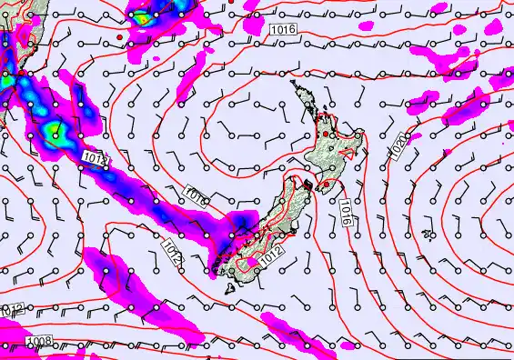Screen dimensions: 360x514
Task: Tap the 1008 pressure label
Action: click(x=39, y=341)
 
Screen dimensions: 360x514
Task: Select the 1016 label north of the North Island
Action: click(x=283, y=31)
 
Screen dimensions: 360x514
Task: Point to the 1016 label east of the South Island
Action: click(x=347, y=211)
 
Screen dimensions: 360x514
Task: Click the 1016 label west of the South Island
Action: click(x=197, y=195)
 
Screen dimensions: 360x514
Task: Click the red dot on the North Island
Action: click(x=331, y=135)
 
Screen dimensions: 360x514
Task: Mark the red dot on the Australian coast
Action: click(x=20, y=72)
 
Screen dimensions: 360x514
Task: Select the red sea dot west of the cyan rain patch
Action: click(x=119, y=35)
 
